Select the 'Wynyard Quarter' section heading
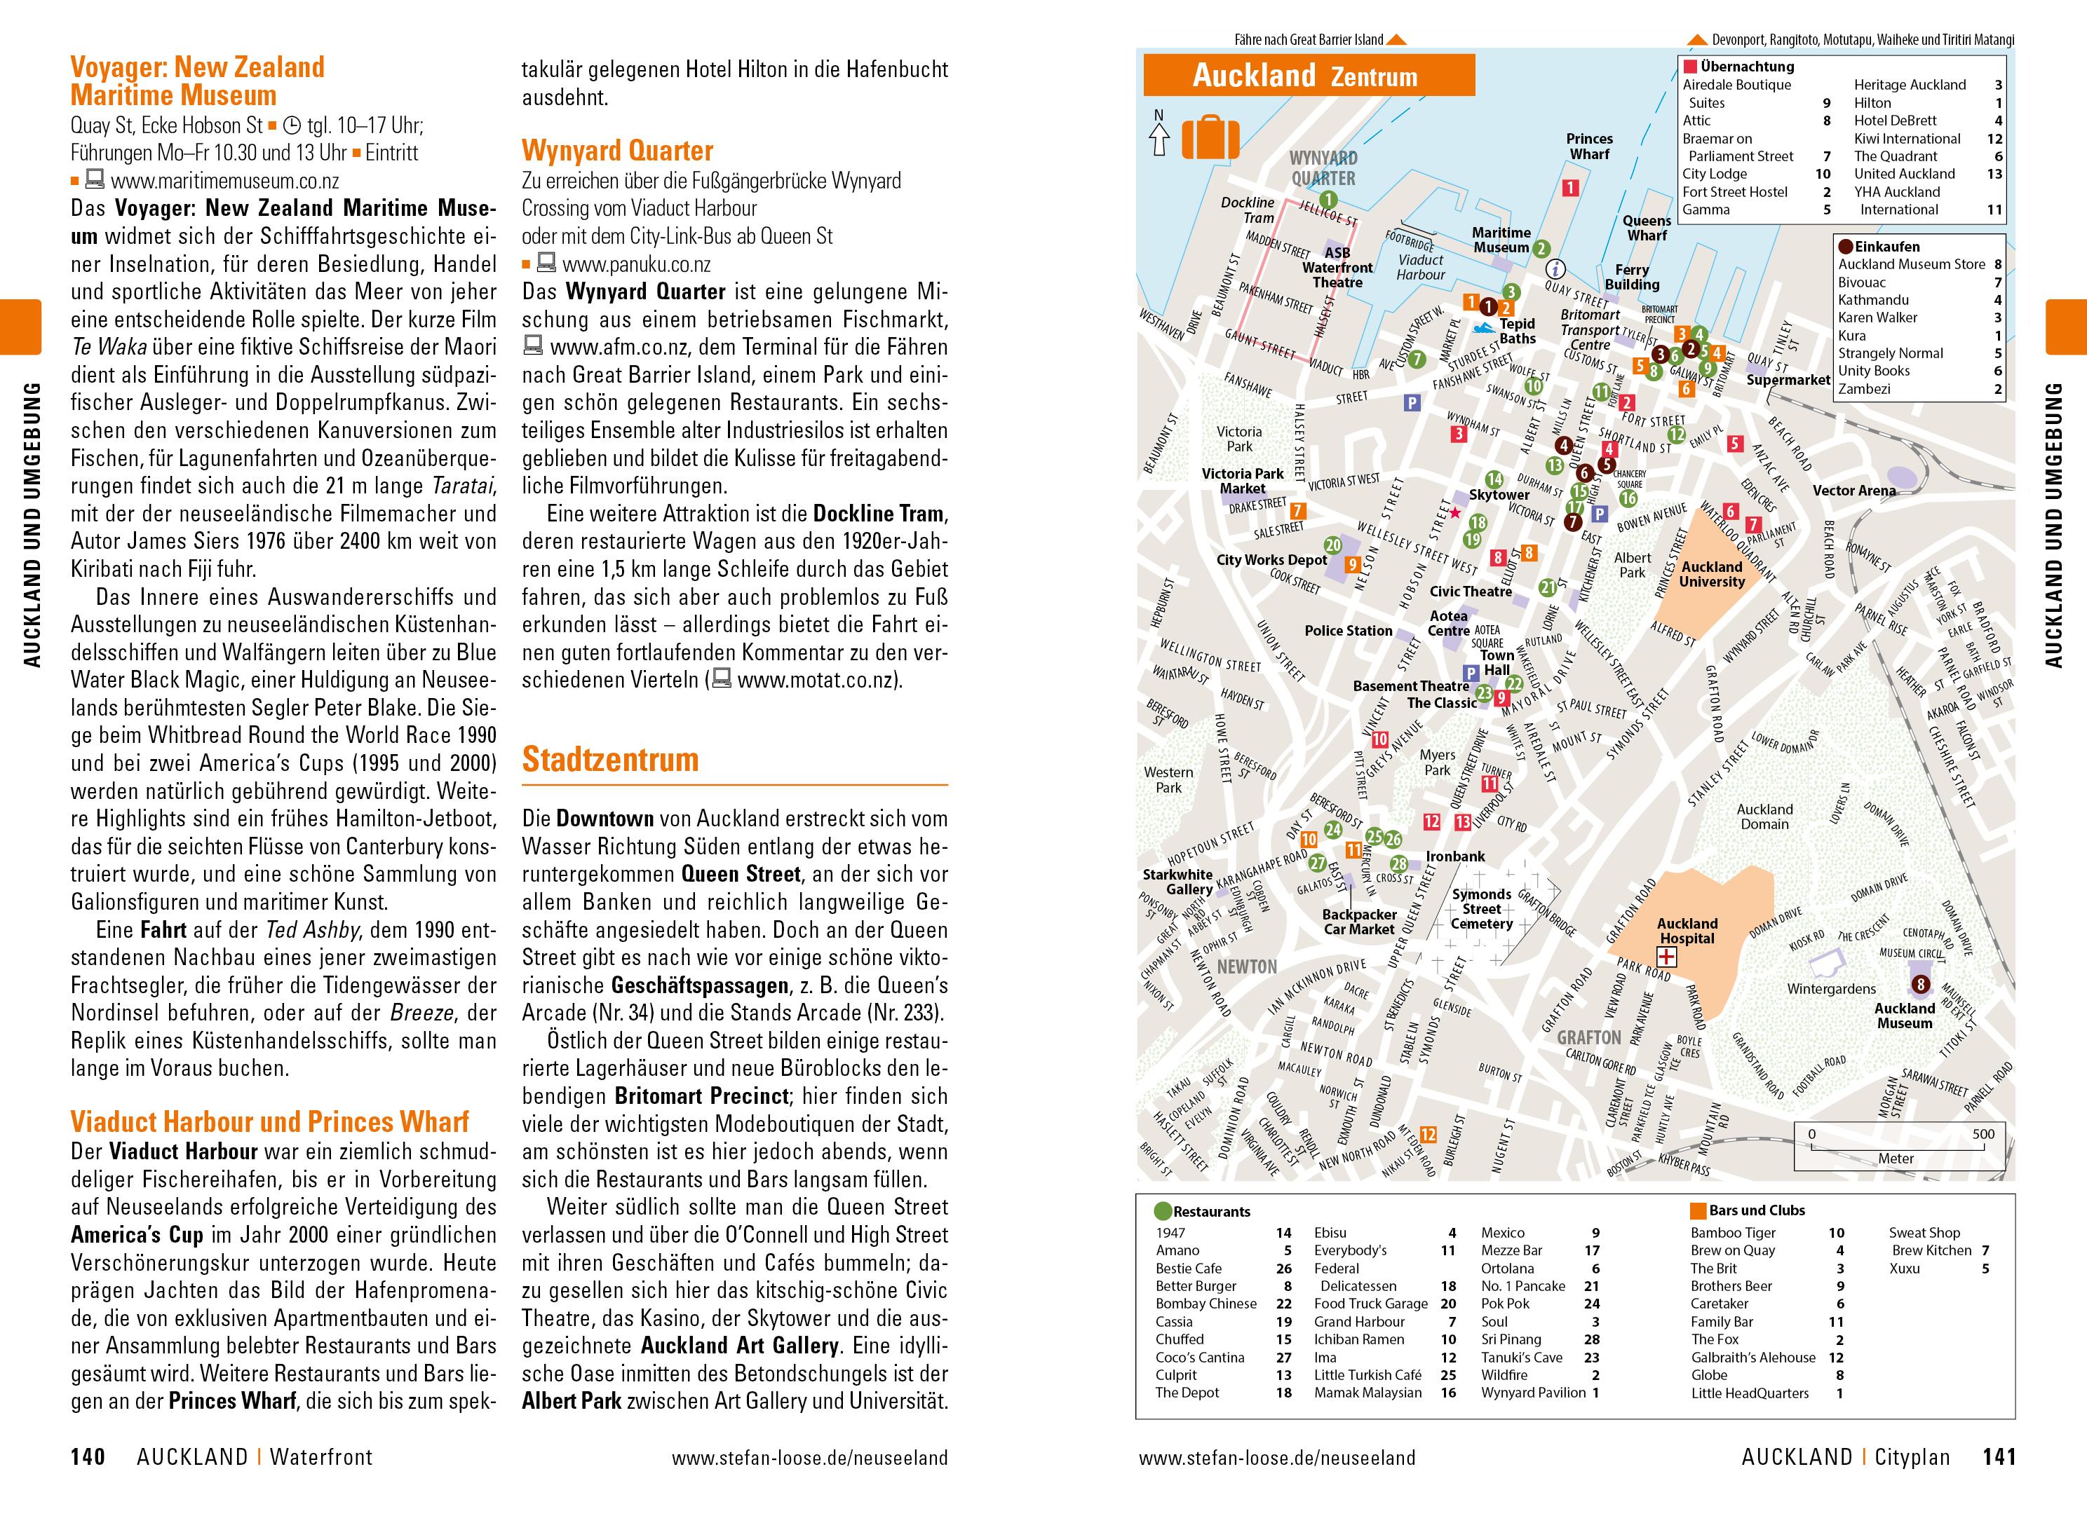pos(617,150)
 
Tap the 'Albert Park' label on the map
pos(1633,564)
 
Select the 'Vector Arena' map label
pos(1853,491)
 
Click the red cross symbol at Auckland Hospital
pos(1668,959)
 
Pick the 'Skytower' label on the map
pos(1499,495)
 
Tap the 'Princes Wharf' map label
pos(1589,146)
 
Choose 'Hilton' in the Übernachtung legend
pos(1872,103)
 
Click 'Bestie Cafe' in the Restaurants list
pos(1189,1269)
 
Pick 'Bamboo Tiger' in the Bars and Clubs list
pos(1733,1233)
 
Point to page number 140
pos(88,1458)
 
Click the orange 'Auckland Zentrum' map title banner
pos(1309,76)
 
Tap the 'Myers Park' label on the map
pos(1437,763)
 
